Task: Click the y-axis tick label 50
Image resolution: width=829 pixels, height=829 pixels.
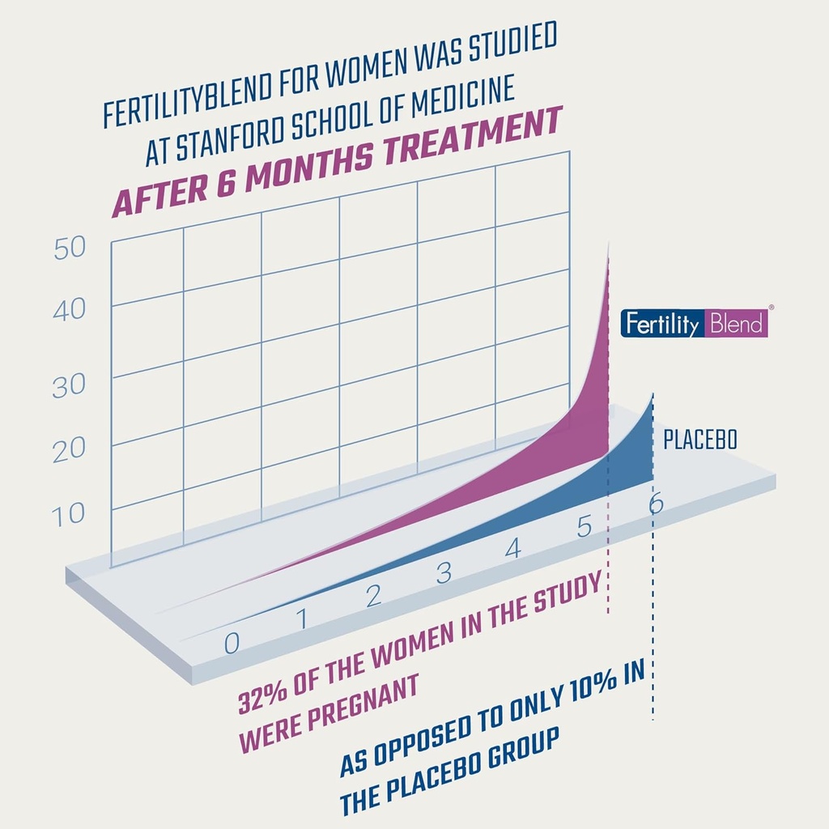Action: (x=70, y=249)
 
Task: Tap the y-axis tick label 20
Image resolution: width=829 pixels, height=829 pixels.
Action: (x=70, y=449)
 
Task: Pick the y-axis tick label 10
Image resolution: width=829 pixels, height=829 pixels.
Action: (x=70, y=513)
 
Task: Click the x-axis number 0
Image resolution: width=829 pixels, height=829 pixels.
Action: (x=232, y=643)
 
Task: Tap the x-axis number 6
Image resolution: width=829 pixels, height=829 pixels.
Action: (x=656, y=504)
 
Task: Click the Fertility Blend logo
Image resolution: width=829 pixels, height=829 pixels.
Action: (x=694, y=323)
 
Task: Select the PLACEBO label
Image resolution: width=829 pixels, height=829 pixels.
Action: (x=700, y=441)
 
